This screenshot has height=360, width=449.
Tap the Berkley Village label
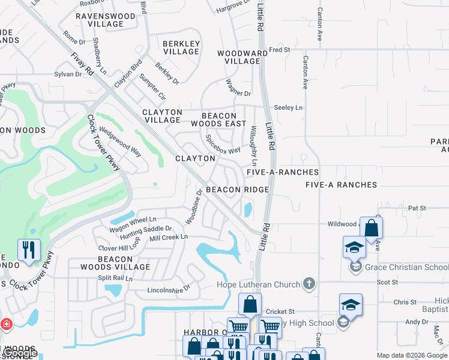coord(181,47)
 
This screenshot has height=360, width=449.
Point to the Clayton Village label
coord(162,116)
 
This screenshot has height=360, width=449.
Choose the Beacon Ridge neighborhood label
coord(237,189)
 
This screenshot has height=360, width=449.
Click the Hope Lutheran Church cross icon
coord(309,283)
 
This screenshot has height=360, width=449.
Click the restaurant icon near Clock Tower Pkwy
coord(28,249)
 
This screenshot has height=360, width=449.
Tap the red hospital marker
coord(7,325)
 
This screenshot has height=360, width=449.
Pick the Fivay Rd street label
coord(83,63)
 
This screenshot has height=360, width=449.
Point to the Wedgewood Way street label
coord(120,141)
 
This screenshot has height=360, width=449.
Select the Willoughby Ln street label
coord(253,146)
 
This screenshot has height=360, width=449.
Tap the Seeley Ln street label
coord(288,107)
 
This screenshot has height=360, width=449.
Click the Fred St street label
coord(280,49)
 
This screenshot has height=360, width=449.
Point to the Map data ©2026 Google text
coord(412,355)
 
